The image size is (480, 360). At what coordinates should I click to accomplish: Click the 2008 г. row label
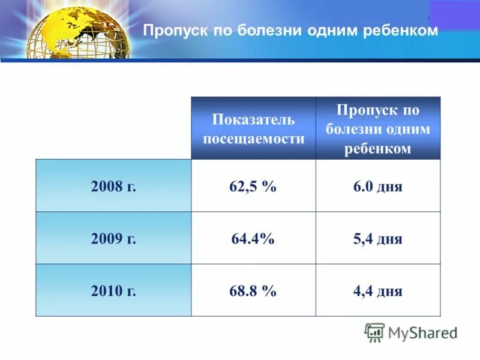[114, 186]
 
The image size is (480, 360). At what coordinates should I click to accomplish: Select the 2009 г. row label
[114, 239]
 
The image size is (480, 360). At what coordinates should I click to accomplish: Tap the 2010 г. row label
[114, 292]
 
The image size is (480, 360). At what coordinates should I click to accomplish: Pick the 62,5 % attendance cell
[253, 186]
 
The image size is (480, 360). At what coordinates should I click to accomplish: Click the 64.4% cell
[253, 239]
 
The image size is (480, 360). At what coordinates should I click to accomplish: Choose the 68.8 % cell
[253, 292]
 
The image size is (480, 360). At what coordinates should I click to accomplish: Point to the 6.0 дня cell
[377, 186]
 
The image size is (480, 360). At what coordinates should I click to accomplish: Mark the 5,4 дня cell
[377, 239]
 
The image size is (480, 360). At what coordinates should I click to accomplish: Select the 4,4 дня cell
[377, 292]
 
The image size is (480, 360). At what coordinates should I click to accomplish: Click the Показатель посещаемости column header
[253, 128]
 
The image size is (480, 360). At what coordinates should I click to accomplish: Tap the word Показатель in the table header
[253, 119]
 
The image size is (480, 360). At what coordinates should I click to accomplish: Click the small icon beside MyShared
[374, 332]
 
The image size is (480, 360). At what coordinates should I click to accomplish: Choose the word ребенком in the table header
[377, 149]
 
